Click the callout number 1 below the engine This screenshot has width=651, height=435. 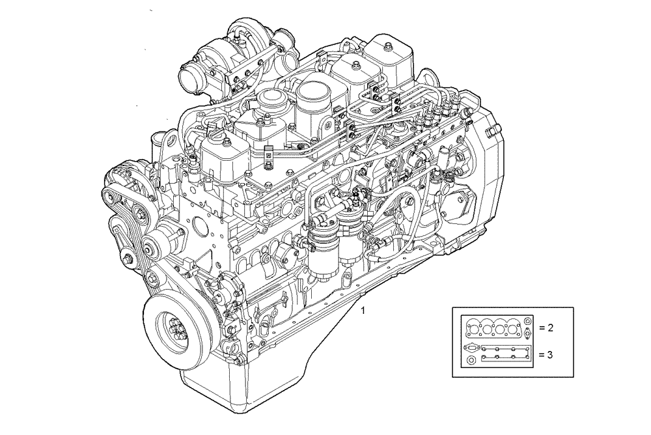(x=363, y=311)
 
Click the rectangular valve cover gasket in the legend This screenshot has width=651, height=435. (x=505, y=358)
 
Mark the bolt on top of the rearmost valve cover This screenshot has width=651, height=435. (x=387, y=46)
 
